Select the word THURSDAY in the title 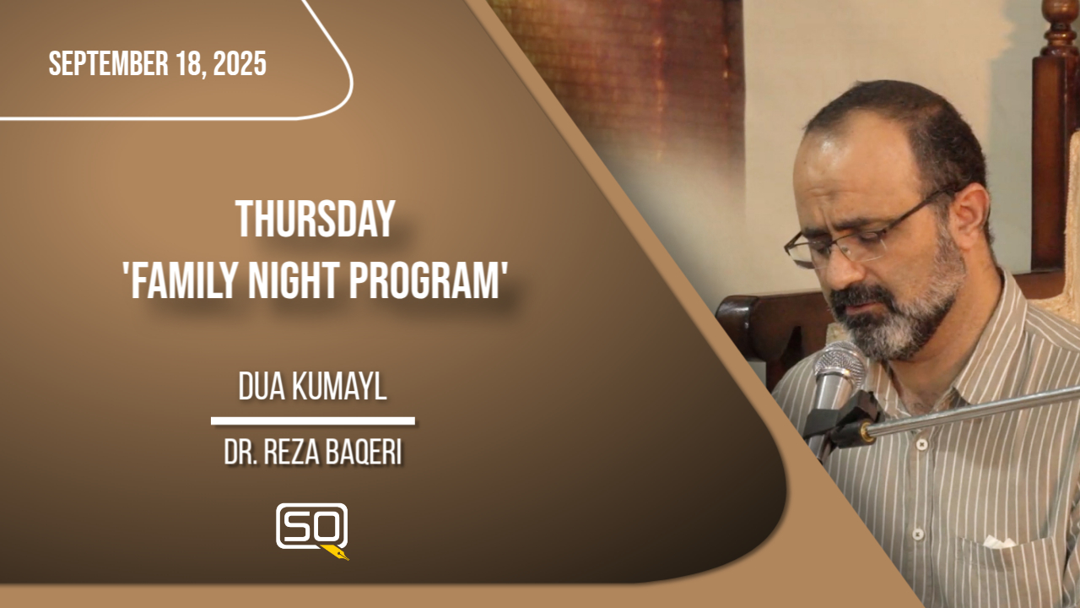coord(316,221)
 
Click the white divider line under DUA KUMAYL coord(312,421)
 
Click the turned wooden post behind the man coord(1054,127)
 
